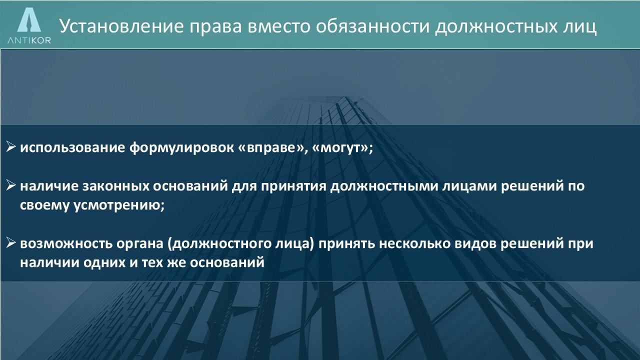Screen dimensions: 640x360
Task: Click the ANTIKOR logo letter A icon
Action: (x=29, y=19)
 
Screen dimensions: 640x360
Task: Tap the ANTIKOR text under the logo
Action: (x=29, y=40)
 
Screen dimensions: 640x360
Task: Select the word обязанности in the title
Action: (x=373, y=26)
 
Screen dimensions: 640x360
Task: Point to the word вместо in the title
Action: (x=279, y=26)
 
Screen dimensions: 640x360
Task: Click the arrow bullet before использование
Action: (x=11, y=146)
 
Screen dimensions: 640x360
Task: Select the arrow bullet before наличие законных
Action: (x=11, y=185)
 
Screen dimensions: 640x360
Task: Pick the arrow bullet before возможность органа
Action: (x=11, y=242)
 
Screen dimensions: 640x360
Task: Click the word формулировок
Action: (x=181, y=147)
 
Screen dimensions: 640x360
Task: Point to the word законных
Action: (x=115, y=186)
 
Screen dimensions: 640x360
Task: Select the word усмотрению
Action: (x=119, y=205)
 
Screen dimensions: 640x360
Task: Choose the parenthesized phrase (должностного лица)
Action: (x=241, y=244)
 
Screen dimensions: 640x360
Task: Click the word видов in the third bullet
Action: (x=475, y=243)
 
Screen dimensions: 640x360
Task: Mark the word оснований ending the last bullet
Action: (x=227, y=262)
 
